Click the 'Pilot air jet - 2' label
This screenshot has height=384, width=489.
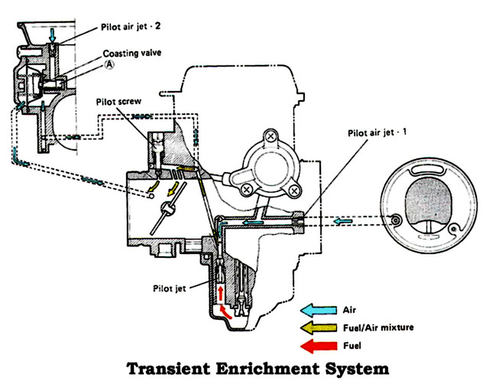click(131, 27)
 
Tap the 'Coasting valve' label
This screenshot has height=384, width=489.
click(132, 53)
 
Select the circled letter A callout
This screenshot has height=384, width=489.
click(109, 65)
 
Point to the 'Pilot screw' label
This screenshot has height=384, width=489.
click(118, 102)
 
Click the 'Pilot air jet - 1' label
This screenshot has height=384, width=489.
click(377, 133)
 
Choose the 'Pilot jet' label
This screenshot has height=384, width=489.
click(169, 288)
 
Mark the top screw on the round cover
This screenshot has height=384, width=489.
click(271, 136)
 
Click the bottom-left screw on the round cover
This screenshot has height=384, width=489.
click(247, 189)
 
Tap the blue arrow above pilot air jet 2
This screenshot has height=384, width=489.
click(52, 36)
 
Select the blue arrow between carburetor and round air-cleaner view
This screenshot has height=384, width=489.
click(343, 221)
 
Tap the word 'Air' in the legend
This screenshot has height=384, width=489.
click(349, 310)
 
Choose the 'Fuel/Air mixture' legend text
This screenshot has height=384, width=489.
click(378, 328)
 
